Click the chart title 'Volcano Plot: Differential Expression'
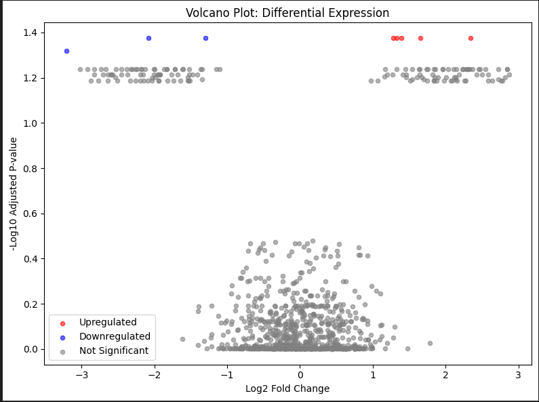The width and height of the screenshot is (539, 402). click(287, 13)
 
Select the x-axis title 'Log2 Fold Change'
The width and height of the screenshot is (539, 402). click(287, 388)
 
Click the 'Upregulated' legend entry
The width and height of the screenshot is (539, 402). click(107, 322)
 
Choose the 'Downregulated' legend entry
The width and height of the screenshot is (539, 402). click(115, 336)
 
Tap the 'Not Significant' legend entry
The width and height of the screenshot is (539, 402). click(114, 350)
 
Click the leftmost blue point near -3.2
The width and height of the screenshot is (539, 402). click(66, 51)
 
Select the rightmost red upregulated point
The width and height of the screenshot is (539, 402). click(471, 38)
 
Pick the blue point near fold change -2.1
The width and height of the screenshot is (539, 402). click(148, 38)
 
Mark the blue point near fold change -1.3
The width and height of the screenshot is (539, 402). click(205, 38)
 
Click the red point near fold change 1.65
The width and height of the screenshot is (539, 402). click(420, 38)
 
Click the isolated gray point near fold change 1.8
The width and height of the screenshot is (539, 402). click(430, 343)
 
